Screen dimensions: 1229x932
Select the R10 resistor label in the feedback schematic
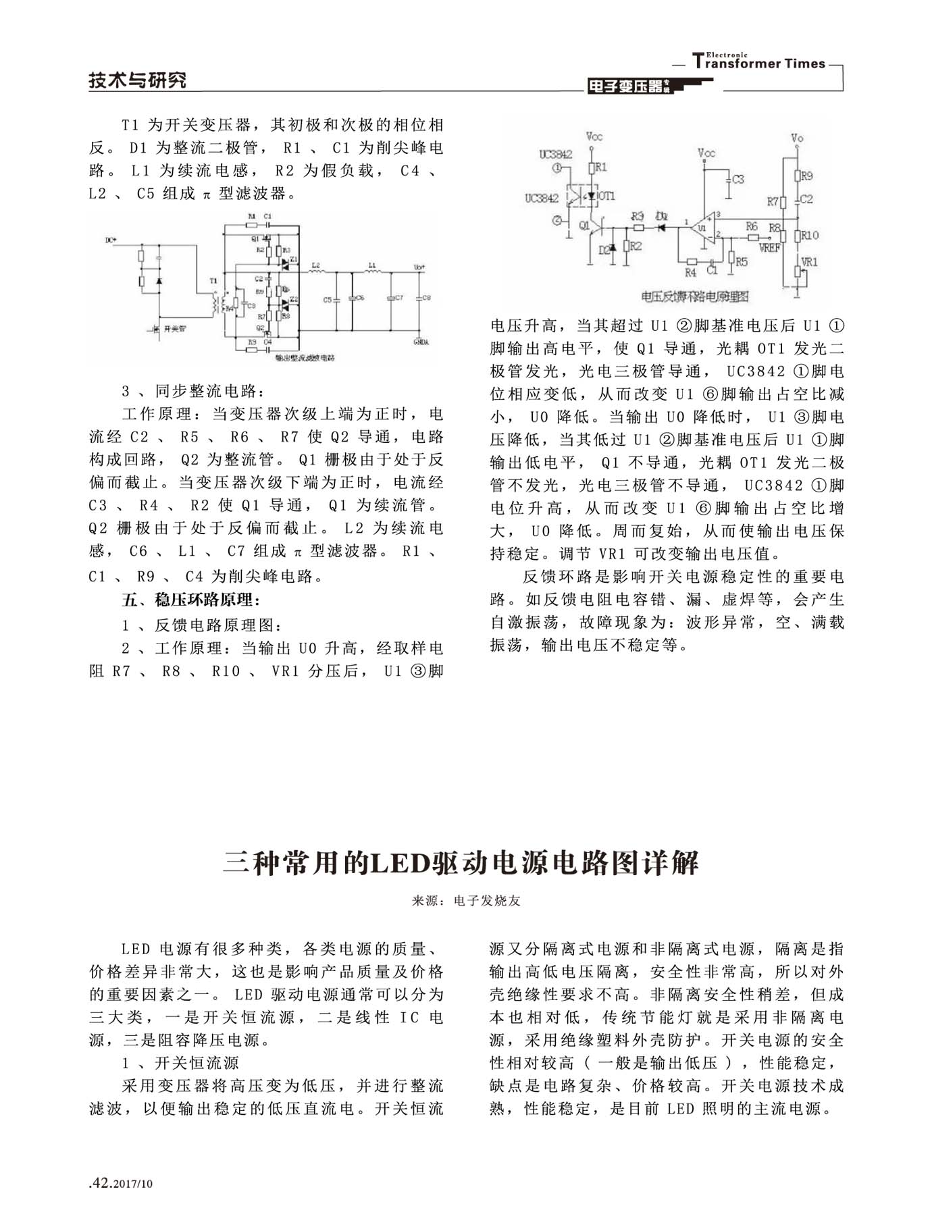[810, 235]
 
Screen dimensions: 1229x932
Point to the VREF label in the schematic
[769, 248]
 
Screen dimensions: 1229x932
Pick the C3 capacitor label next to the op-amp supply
[738, 179]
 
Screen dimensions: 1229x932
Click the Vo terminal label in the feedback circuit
[797, 138]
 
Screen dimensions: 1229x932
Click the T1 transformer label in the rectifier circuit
[213, 280]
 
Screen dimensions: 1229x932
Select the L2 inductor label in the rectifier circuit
[315, 266]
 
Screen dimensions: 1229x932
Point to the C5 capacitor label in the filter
[328, 298]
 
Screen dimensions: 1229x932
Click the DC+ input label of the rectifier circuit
[111, 240]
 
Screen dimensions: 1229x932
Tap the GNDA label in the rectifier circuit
[420, 342]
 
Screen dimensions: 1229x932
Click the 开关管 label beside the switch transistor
[174, 330]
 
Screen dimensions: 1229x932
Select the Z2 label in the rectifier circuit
[294, 299]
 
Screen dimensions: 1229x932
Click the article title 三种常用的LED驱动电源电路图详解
[461, 863]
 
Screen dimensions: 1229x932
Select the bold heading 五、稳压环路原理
[190, 600]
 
